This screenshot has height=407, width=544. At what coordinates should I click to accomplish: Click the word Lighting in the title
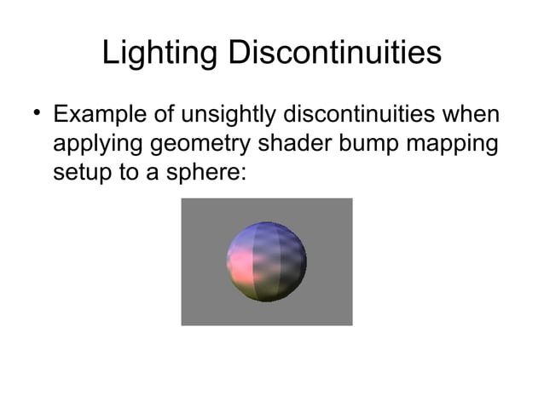pos(159,54)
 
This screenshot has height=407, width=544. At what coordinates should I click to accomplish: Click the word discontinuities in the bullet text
pos(367,115)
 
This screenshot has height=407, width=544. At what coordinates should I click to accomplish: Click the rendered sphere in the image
pos(266,261)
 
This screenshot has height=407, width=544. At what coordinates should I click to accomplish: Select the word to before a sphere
pos(129,173)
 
